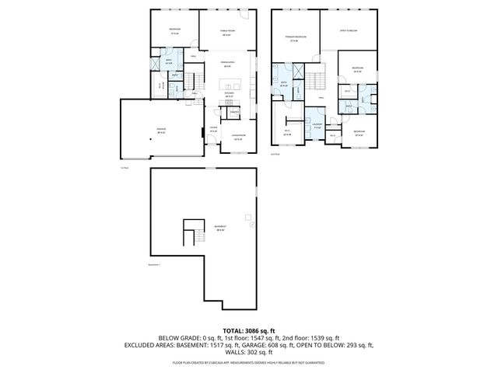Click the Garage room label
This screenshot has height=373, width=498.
click(x=162, y=130)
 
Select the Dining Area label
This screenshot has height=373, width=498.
click(x=227, y=65)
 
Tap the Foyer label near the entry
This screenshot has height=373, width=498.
click(x=214, y=130)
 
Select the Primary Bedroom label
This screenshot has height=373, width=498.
click(x=295, y=39)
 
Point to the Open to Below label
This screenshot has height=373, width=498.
click(x=348, y=31)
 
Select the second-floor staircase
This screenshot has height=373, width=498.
click(x=314, y=79)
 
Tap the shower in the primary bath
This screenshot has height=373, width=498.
click(x=276, y=71)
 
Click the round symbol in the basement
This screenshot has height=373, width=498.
click(x=252, y=225)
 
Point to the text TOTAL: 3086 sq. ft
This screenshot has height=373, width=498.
click(x=249, y=332)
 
